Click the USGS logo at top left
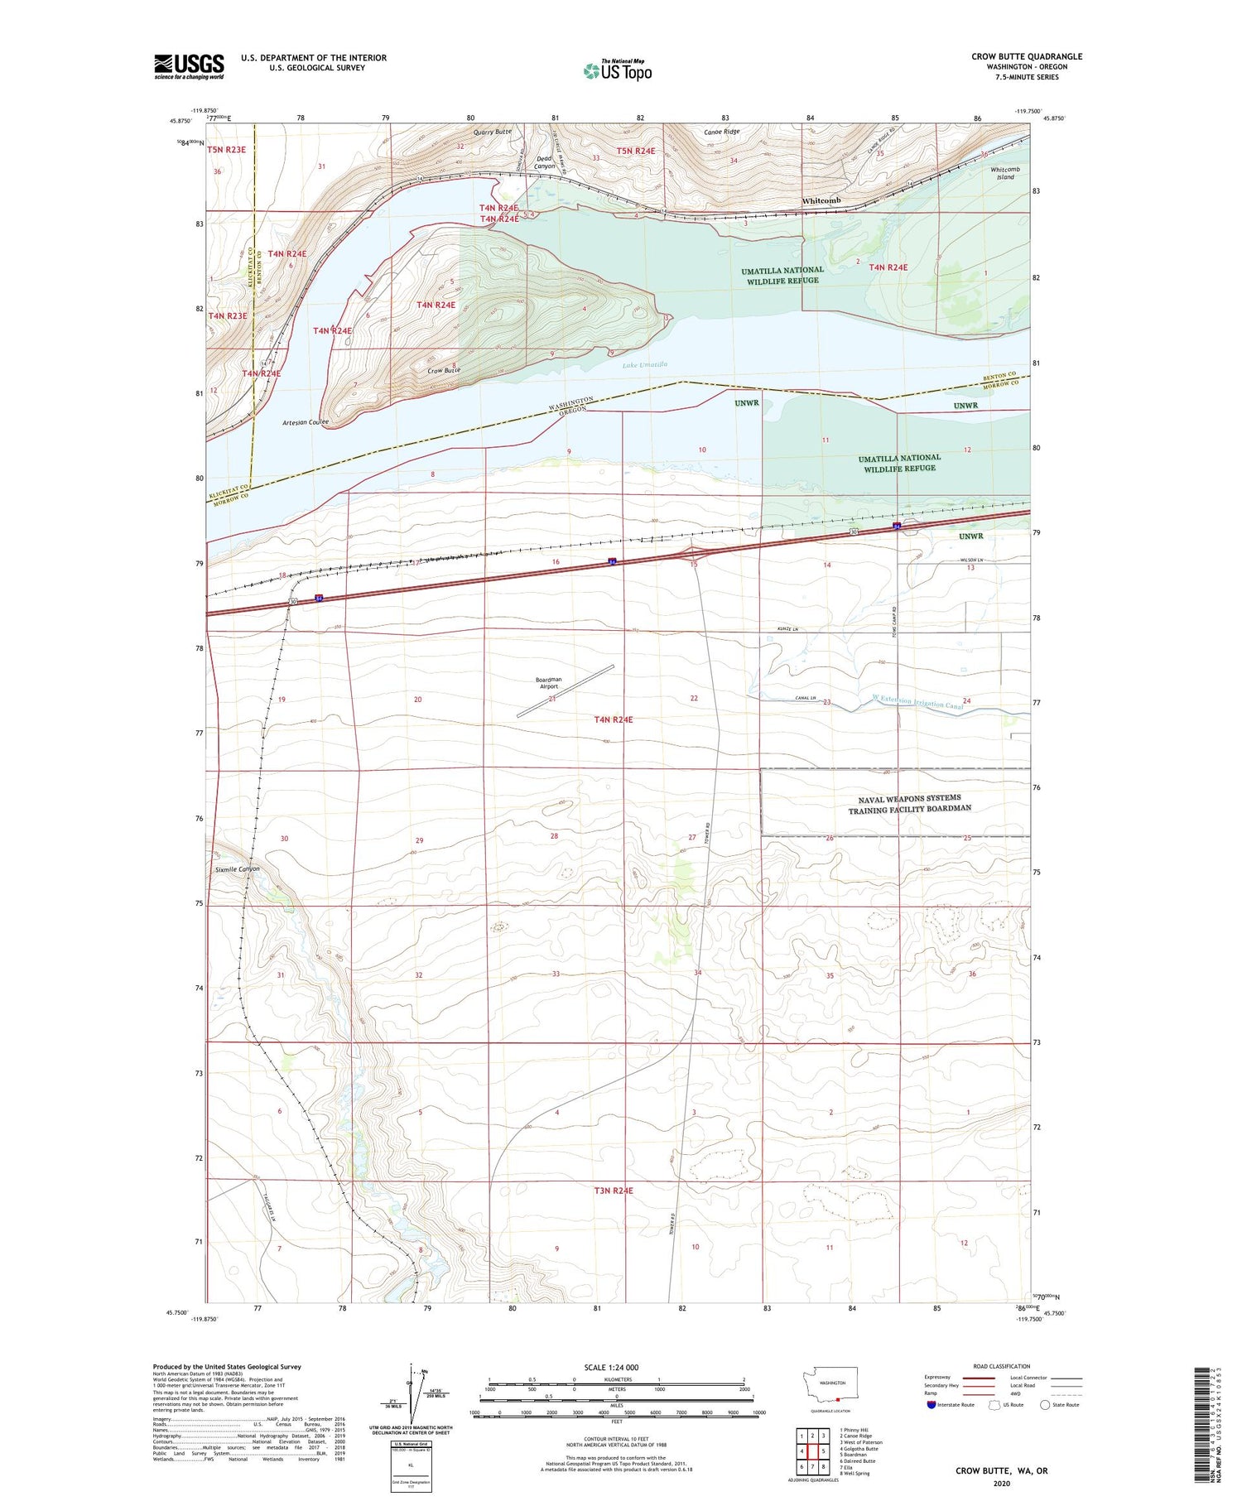(x=189, y=66)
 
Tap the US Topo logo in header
(x=618, y=70)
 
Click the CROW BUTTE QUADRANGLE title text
(x=1027, y=56)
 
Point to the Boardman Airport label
(x=548, y=683)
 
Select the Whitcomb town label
(x=821, y=201)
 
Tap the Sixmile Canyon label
(x=238, y=869)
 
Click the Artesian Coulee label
(x=305, y=422)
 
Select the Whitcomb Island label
(x=1005, y=173)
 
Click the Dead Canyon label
(x=544, y=162)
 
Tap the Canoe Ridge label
(x=721, y=132)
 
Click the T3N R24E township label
(x=614, y=1191)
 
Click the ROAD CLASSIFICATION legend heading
(x=1002, y=1366)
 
